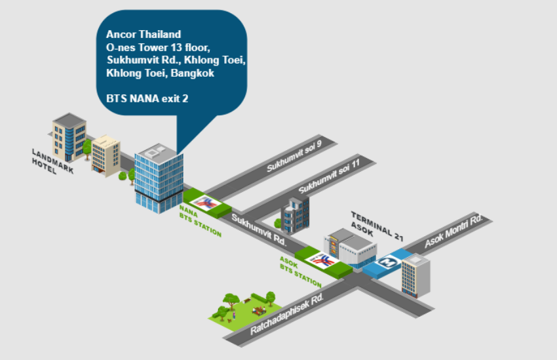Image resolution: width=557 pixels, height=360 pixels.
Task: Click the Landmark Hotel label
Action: point(52,162)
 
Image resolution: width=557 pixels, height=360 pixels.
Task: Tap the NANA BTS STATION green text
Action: point(199,222)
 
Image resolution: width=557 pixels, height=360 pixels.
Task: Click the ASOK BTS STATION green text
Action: point(300,271)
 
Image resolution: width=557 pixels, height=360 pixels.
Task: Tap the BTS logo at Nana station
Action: point(208,203)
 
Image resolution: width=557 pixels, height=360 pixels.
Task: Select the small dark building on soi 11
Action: point(294,214)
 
